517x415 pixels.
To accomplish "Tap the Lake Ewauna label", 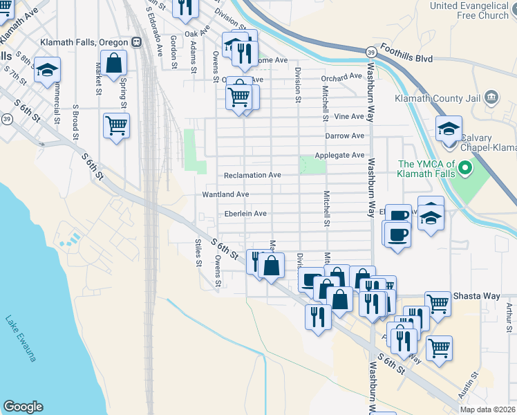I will (20, 339).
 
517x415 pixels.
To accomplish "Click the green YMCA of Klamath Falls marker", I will (465, 167).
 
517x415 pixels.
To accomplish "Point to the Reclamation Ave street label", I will (252, 176).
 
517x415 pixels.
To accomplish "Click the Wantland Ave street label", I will (225, 195).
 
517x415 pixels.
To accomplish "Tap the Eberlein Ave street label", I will (241, 214).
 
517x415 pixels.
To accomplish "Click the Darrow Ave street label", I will (344, 136).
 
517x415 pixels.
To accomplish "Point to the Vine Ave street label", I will (348, 117).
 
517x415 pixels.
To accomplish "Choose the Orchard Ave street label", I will (341, 77).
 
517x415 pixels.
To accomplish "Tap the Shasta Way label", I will (476, 296).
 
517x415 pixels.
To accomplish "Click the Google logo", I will (23, 407).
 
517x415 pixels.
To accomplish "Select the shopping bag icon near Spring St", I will (114, 64).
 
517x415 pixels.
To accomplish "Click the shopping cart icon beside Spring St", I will (116, 126).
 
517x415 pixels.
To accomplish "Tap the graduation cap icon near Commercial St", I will (48, 71).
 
